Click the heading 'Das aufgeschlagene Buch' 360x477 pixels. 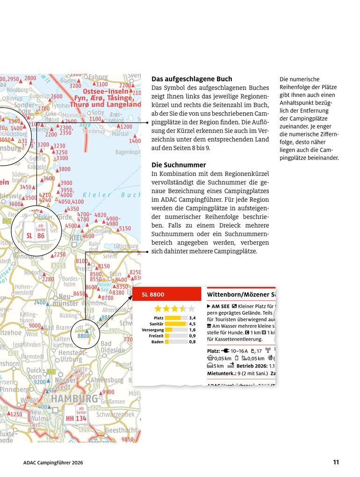192,79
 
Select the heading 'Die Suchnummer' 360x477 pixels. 179,165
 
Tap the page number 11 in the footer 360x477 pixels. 336,463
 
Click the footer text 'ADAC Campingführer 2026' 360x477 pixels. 53,463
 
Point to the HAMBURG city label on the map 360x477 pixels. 75,399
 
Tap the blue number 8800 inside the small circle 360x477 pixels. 83,336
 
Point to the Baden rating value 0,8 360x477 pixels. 192,342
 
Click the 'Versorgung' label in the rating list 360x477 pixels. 152,330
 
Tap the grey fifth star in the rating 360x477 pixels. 191,309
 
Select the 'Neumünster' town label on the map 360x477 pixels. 65,300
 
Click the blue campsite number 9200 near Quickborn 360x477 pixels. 39,382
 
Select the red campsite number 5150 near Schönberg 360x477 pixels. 125,229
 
